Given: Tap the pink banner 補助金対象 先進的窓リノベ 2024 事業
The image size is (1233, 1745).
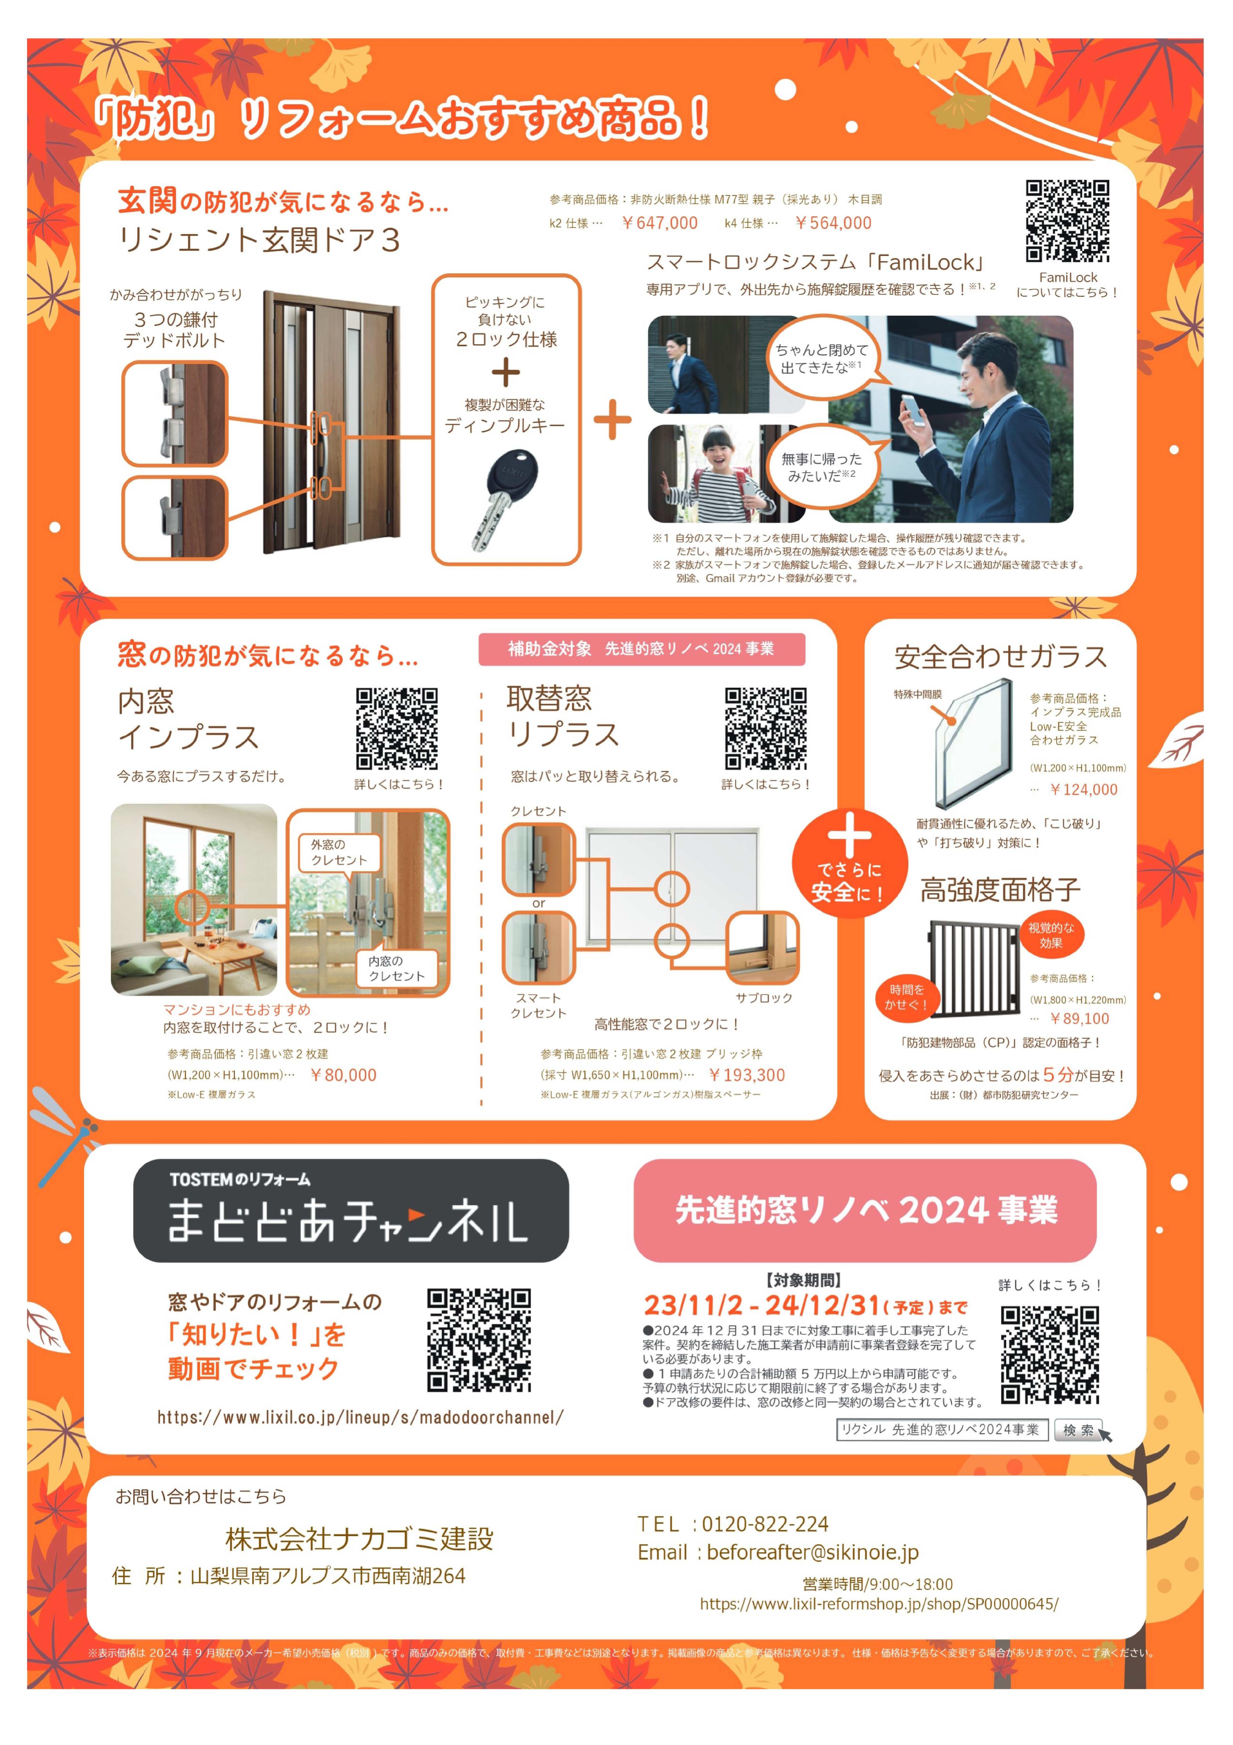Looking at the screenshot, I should click(x=641, y=648).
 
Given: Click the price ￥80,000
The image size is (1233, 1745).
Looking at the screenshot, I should click(x=343, y=1075).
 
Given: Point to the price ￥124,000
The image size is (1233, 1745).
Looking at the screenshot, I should click(x=1083, y=790).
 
